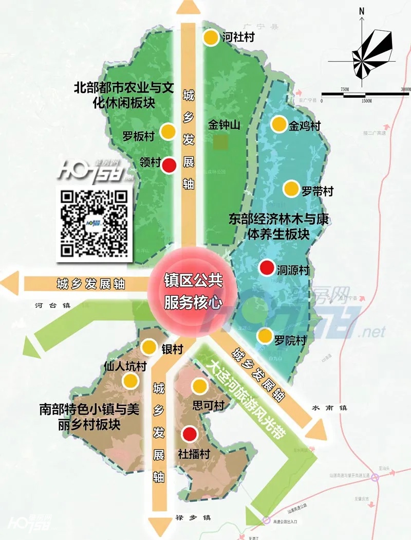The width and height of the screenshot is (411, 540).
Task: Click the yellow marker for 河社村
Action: (211, 38)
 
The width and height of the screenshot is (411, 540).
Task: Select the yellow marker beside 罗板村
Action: (168, 132)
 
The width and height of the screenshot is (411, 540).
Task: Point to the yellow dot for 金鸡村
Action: (278, 124)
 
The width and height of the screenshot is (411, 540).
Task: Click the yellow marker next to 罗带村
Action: (291, 188)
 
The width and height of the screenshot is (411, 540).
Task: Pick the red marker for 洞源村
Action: (266, 268)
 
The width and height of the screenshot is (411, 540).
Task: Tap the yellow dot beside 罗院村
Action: (265, 336)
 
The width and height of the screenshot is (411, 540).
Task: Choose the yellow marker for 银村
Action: (150, 347)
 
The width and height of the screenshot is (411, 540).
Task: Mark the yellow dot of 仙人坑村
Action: (130, 381)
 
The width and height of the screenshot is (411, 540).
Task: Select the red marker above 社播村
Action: (190, 435)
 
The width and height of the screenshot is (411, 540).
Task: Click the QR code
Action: (94, 223)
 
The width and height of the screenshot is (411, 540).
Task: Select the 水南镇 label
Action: (329, 408)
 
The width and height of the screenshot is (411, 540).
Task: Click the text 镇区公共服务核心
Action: (193, 292)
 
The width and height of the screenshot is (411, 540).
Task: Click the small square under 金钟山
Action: (221, 142)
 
